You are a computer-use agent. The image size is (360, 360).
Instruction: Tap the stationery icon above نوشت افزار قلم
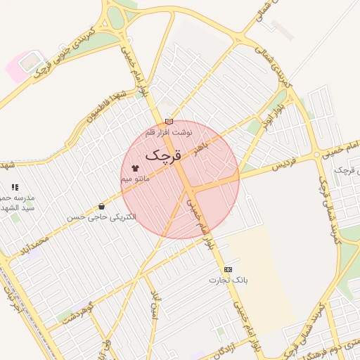pos(169,121)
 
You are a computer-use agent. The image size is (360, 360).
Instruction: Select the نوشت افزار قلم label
pos(169,131)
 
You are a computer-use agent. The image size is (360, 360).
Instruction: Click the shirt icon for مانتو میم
pos(134,169)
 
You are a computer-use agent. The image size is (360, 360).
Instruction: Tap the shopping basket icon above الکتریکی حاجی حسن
pos(102,207)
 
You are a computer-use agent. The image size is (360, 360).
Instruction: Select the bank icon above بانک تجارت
pos(228,269)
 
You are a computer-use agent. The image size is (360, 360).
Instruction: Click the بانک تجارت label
pos(229,280)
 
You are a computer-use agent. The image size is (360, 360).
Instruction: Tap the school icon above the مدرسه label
pos(14,187)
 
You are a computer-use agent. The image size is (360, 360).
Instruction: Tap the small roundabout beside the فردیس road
pos(317,154)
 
